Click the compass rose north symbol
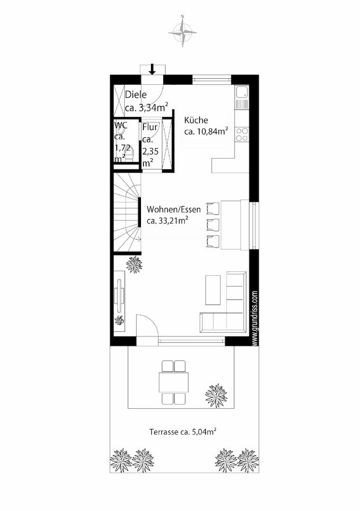coord(183,31)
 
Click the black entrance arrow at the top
coord(152,69)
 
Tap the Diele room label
coord(136,95)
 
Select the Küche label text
coord(196,120)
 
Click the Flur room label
coord(150,127)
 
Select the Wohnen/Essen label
coord(174,209)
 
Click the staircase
coord(127,212)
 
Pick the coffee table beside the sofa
coord(213,290)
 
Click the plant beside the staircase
coord(134,264)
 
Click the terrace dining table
coord(174,382)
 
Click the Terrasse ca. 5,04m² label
coord(183,432)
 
